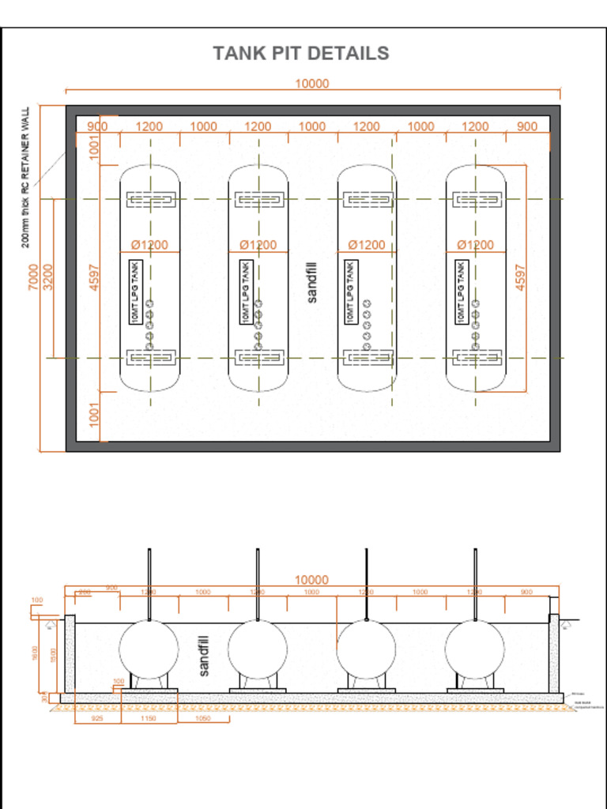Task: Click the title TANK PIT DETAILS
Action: click(300, 54)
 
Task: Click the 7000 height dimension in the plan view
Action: click(34, 277)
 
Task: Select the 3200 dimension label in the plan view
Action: click(48, 277)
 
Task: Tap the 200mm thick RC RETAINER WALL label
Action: click(25, 177)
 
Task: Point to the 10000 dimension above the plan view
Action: click(311, 84)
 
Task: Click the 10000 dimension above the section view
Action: click(311, 580)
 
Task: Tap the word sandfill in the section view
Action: click(204, 656)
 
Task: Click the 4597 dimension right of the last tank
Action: click(520, 277)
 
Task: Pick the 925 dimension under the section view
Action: click(97, 719)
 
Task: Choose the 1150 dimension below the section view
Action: click(148, 719)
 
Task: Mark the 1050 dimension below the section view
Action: click(202, 719)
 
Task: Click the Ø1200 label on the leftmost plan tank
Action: click(149, 245)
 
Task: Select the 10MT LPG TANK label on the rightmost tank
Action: click(460, 292)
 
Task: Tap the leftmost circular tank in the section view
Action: click(149, 649)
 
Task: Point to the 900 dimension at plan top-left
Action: click(97, 126)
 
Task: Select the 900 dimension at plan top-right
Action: click(527, 126)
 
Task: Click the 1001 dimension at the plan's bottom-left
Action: click(95, 415)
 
